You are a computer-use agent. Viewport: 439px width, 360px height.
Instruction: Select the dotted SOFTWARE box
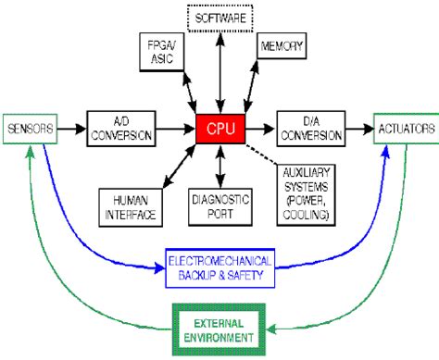point(220,17)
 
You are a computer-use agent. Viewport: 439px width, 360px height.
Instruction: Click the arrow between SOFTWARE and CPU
point(220,69)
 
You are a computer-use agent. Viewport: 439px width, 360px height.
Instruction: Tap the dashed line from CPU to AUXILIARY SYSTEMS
point(263,152)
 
